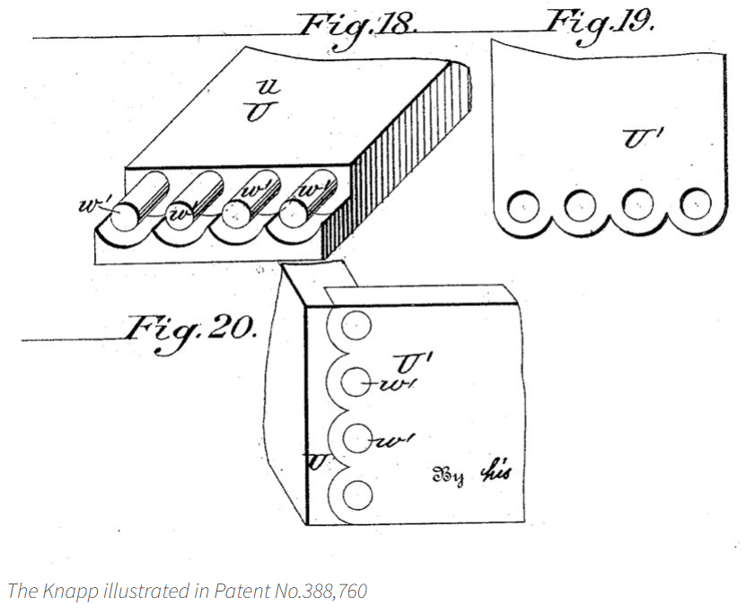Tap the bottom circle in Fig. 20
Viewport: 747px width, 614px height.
click(357, 495)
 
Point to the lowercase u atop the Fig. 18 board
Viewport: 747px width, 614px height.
click(273, 86)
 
